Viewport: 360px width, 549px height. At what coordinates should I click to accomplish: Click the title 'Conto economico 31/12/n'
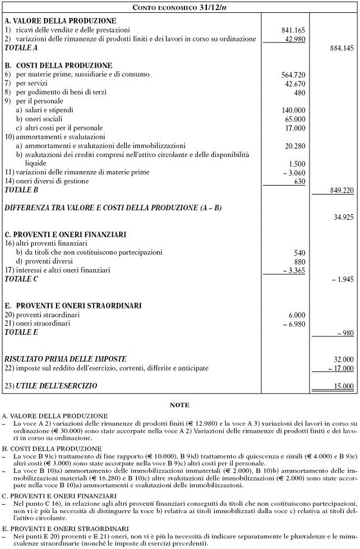coord(179,7)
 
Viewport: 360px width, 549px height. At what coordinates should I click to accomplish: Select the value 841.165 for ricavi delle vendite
coord(293,29)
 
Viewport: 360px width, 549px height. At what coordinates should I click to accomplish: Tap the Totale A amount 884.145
coord(341,49)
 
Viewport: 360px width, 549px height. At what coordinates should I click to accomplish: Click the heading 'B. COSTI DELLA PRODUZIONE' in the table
coord(58,66)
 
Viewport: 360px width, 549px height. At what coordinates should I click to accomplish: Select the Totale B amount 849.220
coord(341,191)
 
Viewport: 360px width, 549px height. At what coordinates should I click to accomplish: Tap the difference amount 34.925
coord(343,216)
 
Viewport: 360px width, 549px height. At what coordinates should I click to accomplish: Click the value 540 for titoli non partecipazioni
coord(299,253)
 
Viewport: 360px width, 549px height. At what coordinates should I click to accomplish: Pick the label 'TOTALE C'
coord(22,279)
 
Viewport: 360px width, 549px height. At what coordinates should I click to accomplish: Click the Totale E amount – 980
coord(345,333)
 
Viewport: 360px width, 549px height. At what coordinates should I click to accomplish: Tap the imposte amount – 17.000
coord(341,368)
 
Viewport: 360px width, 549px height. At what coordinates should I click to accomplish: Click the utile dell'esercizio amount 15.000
coord(343,386)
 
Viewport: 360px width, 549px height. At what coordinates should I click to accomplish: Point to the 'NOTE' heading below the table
coord(179,404)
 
